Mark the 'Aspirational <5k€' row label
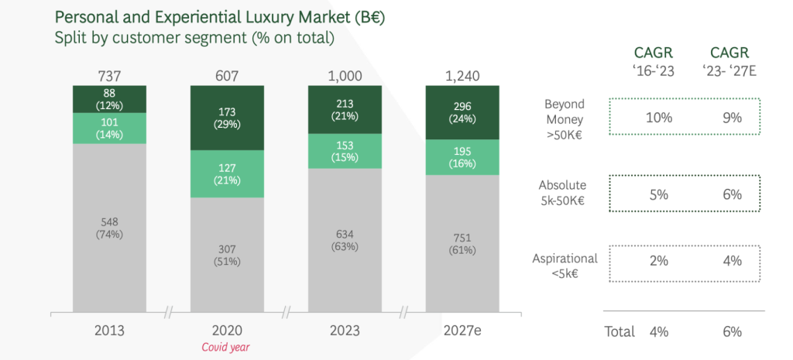[x=565, y=266]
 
